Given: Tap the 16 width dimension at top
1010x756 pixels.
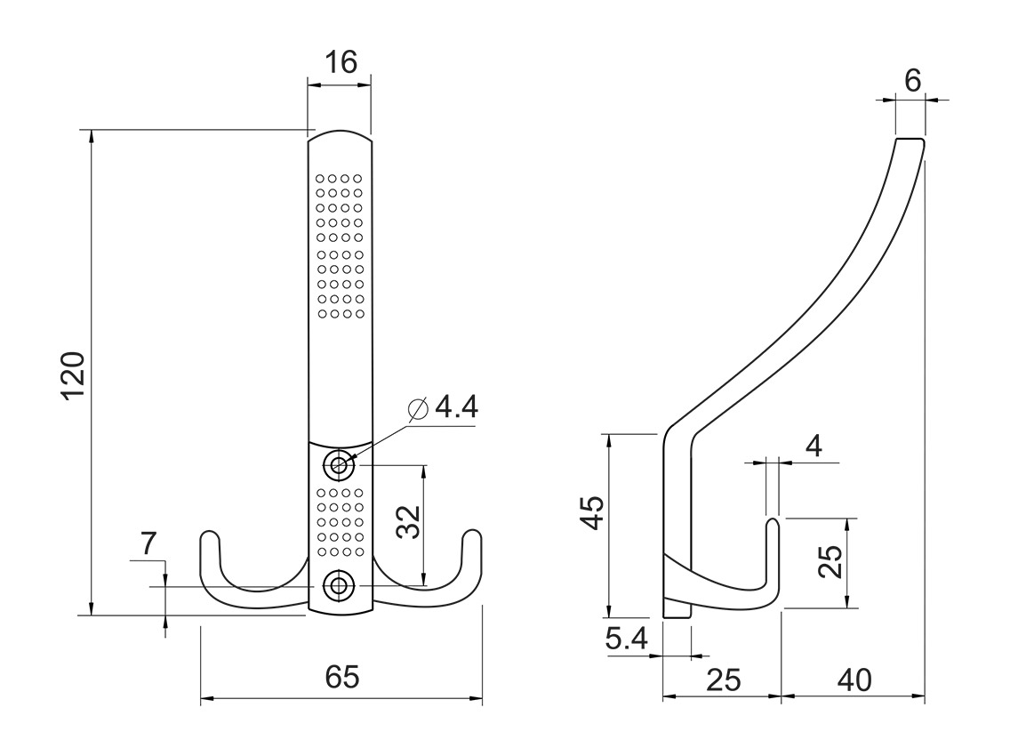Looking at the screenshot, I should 339,62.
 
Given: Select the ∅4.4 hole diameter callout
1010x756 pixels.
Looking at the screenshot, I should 444,408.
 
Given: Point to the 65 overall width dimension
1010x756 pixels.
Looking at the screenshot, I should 341,678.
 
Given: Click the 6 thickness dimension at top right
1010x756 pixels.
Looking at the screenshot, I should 911,80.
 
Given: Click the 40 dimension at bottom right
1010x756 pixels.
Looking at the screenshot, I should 854,680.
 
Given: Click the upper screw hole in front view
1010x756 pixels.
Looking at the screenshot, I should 338,463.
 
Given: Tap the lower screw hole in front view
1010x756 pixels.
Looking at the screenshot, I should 338,585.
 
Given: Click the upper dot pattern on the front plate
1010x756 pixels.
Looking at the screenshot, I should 339,245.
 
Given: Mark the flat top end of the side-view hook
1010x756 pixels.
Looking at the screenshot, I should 910,140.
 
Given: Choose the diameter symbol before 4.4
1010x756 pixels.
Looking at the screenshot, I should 418,408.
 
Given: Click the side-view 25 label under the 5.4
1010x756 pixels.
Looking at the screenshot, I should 723,680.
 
